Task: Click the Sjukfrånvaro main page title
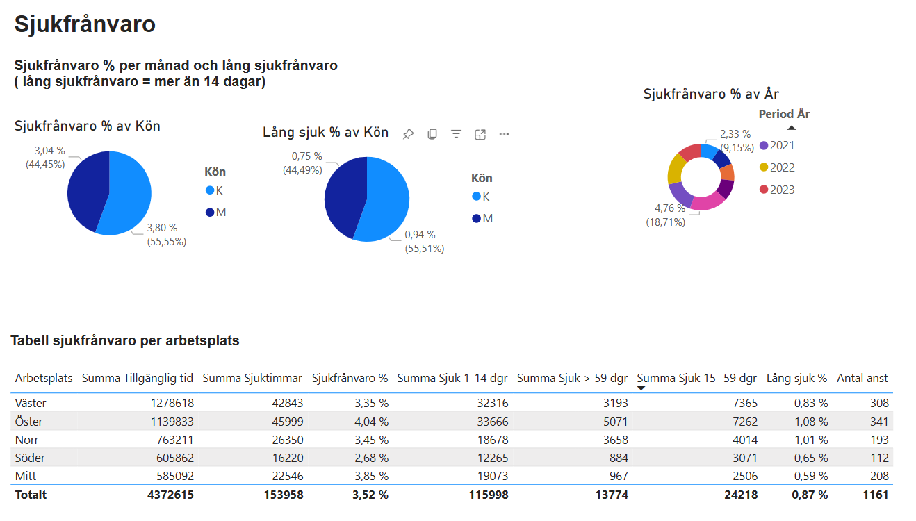[x=85, y=24]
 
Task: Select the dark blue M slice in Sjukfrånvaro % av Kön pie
[x=87, y=190]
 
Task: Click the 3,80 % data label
[x=162, y=228]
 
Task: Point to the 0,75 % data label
[x=306, y=156]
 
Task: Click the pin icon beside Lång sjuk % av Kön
[x=408, y=134]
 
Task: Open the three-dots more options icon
[x=504, y=134]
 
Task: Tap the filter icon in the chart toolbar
[x=456, y=134]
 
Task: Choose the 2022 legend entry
[x=777, y=167]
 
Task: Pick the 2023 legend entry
[x=777, y=190]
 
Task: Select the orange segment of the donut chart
[x=728, y=172]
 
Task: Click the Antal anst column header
[x=862, y=379]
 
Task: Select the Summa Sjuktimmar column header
[x=252, y=379]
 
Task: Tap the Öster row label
[x=28, y=422]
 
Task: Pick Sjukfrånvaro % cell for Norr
[x=371, y=440]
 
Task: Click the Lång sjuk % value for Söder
[x=811, y=458]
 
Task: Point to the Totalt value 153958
[x=284, y=495]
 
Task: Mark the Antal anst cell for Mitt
[x=879, y=476]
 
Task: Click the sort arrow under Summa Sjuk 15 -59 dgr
[x=641, y=388]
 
